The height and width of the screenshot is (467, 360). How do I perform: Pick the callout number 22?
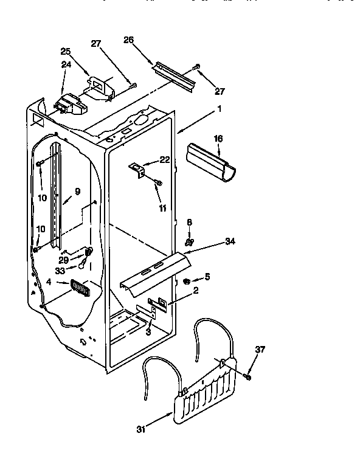pyautogui.click(x=164, y=159)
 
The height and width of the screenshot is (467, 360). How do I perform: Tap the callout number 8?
pyautogui.click(x=189, y=223)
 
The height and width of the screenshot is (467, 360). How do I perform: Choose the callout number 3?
pyautogui.click(x=148, y=331)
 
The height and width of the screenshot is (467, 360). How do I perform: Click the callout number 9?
pyautogui.click(x=77, y=192)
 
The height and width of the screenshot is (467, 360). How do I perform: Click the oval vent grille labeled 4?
pyautogui.click(x=79, y=288)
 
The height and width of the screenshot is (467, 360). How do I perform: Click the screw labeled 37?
pyautogui.click(x=248, y=378)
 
